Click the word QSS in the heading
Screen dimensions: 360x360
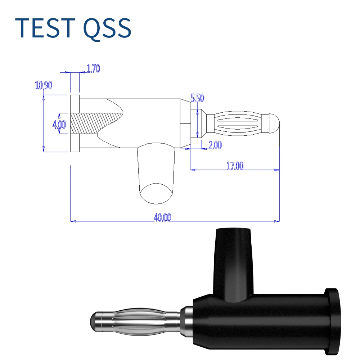pyautogui.click(x=107, y=28)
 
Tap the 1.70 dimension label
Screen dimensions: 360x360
pyautogui.click(x=93, y=68)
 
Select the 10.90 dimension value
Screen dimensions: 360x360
pyautogui.click(x=44, y=85)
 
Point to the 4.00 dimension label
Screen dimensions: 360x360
pyautogui.click(x=59, y=125)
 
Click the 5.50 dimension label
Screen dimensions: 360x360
pyautogui.click(x=197, y=98)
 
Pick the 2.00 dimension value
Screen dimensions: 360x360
pyautogui.click(x=215, y=145)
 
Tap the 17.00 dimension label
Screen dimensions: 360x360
pyautogui.click(x=235, y=166)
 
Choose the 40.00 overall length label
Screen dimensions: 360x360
pyautogui.click(x=162, y=218)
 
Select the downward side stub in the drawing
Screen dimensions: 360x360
pyautogui.click(x=156, y=169)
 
